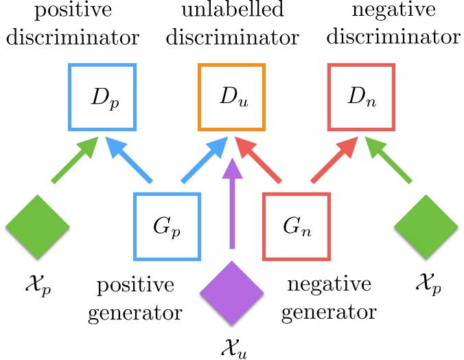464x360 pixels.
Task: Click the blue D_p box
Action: (x=102, y=97)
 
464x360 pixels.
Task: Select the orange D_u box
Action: (x=231, y=97)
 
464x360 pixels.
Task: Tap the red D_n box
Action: (x=362, y=97)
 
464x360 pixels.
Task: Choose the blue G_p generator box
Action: (x=166, y=225)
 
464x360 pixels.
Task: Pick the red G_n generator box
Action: (x=297, y=225)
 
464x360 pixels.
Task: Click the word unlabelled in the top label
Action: (x=231, y=12)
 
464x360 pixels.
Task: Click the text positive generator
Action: (x=141, y=298)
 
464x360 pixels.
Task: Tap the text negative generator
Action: (x=332, y=298)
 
